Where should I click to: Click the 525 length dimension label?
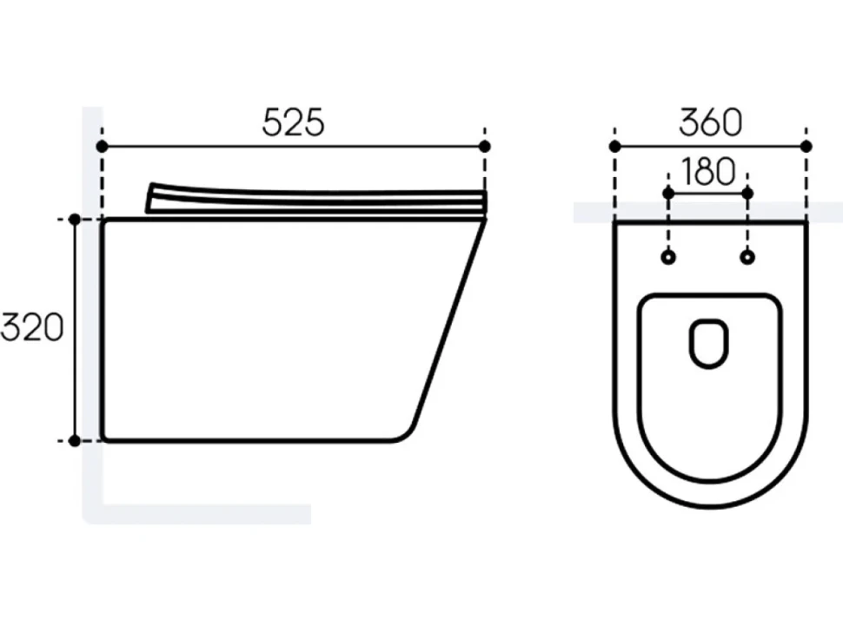click(x=294, y=123)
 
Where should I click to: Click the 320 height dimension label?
click(x=32, y=328)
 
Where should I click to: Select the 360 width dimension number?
click(x=711, y=123)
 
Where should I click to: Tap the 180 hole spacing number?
click(x=708, y=171)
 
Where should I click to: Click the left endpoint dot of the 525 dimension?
click(x=103, y=146)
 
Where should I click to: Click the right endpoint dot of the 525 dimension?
click(x=484, y=146)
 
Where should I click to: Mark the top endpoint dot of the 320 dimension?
click(x=75, y=219)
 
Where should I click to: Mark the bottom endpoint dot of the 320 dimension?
click(x=75, y=441)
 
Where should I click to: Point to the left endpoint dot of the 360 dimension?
click(x=615, y=146)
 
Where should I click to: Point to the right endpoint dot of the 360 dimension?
click(x=806, y=146)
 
